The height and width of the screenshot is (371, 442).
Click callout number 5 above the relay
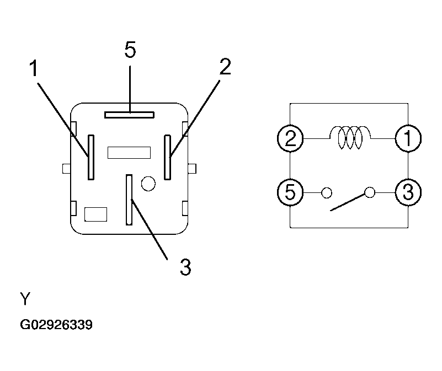(x=130, y=50)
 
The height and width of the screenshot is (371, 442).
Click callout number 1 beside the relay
(x=34, y=68)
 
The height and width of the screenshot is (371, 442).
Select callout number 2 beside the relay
(x=225, y=67)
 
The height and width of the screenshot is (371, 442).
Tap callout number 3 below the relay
(x=185, y=267)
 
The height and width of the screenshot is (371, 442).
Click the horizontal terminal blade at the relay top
(x=129, y=115)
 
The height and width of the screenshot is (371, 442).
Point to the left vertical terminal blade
(x=91, y=157)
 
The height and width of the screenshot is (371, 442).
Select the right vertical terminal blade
(x=167, y=157)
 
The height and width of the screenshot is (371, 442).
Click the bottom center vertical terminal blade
(x=129, y=200)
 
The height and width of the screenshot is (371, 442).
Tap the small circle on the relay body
(x=148, y=184)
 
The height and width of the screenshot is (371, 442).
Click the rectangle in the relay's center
(x=129, y=152)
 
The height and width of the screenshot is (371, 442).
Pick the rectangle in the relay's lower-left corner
(x=96, y=214)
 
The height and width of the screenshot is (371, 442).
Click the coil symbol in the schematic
(x=350, y=137)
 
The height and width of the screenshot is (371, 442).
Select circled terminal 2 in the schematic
(x=290, y=138)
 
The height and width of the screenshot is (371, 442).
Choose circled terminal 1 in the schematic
(x=408, y=138)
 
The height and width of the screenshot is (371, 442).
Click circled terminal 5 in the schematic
(x=290, y=192)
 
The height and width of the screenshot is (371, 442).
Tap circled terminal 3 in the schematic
(x=408, y=192)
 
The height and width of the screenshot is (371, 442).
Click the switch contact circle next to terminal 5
(x=327, y=193)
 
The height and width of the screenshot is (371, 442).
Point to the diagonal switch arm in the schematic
(x=348, y=202)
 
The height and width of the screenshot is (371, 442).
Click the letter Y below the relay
(x=25, y=299)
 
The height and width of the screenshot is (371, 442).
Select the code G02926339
(x=56, y=325)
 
